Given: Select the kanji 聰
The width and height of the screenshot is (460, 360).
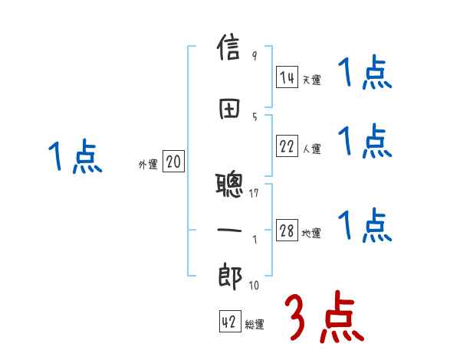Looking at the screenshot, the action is (231, 185).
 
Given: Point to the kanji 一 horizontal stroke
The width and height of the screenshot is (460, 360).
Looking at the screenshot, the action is (231, 229).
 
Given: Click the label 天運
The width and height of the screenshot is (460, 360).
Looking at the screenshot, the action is (312, 79).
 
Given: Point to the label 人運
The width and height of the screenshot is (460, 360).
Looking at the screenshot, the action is (312, 149).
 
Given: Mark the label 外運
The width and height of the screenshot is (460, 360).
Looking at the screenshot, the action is (148, 164).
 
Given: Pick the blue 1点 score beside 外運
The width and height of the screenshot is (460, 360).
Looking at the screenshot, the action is (74, 156).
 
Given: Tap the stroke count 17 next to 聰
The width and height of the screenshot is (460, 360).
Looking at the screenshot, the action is (255, 192).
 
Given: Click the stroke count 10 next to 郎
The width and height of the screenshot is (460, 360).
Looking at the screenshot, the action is (254, 286).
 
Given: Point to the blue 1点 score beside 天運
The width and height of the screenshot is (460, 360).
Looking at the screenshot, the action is (365, 74).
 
